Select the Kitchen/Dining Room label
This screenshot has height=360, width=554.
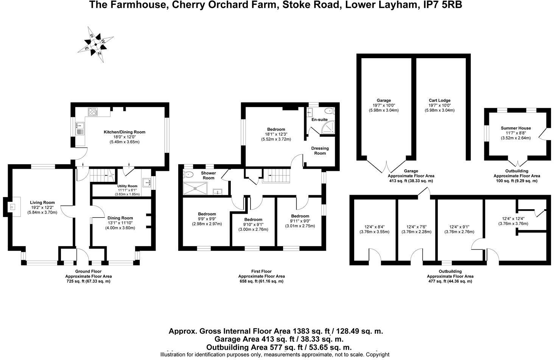pos(124,132)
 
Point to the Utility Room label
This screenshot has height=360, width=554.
pos(127,186)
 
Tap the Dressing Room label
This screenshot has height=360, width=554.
pos(320,151)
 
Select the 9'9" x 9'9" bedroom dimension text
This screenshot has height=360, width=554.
pos(207,219)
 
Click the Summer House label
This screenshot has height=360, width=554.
pos(515,128)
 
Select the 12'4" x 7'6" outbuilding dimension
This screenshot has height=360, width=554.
pos(416,227)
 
